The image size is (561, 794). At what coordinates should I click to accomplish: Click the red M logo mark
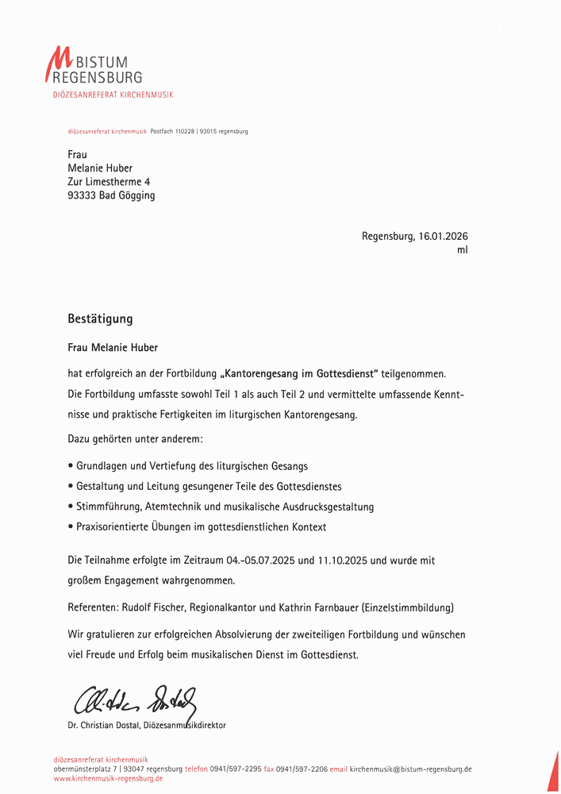coord(59,64)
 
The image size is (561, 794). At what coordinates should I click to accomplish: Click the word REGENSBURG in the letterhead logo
coord(97,77)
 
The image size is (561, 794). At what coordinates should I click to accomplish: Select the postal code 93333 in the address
coord(82,195)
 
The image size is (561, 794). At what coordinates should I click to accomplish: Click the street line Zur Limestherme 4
coord(109,182)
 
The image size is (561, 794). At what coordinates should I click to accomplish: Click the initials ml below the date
coord(463,249)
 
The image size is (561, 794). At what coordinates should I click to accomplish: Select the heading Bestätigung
coord(100,319)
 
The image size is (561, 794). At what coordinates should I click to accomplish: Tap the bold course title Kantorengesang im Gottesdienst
coord(300,373)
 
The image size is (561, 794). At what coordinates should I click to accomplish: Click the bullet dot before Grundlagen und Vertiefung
coord(71,466)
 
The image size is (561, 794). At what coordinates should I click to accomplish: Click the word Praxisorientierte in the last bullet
coord(113,526)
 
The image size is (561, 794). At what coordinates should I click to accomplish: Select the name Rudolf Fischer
coord(155,608)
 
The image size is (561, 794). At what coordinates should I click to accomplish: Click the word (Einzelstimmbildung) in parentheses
coord(407,608)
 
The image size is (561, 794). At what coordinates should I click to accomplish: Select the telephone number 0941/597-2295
coord(236,769)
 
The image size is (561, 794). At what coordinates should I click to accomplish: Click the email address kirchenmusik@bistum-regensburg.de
coord(411,769)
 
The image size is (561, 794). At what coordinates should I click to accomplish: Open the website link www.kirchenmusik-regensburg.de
coord(109,779)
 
